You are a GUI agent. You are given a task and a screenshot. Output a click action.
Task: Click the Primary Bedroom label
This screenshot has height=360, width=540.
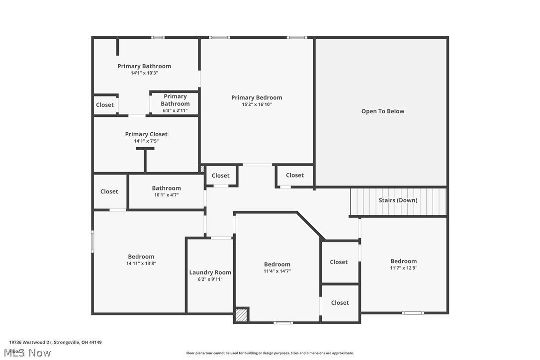257,97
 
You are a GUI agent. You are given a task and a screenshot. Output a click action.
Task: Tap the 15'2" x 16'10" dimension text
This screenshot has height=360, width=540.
257,104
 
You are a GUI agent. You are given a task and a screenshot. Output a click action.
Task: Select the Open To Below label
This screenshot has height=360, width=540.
382,111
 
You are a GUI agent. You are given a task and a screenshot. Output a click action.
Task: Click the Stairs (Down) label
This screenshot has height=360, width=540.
398,200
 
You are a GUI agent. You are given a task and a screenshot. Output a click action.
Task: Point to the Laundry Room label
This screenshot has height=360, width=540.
210,272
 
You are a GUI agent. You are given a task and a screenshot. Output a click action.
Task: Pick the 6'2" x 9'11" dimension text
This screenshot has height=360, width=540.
210,279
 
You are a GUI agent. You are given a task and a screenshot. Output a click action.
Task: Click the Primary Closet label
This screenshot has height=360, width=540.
146,134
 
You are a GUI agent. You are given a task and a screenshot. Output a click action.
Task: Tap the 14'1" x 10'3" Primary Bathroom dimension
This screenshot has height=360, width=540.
144,73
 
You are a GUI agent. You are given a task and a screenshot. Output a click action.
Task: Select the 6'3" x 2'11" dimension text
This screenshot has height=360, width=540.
175,110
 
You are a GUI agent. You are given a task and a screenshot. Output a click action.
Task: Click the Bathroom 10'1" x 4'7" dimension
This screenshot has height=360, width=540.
166,195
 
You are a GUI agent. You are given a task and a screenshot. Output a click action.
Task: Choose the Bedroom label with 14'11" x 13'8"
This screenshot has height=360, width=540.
141,257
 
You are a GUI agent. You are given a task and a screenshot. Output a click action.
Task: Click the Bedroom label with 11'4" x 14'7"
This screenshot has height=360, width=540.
277,265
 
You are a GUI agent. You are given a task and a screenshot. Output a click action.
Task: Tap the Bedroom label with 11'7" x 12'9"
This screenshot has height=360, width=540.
403,261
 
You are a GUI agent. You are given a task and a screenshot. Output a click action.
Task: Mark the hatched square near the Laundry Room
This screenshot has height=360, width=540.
241,315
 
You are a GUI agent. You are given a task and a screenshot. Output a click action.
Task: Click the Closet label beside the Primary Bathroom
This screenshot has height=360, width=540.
105,105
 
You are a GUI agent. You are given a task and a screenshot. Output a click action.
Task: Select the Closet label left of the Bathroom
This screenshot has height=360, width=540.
109,191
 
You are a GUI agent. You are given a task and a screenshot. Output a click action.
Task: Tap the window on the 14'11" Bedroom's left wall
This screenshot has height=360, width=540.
92,242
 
